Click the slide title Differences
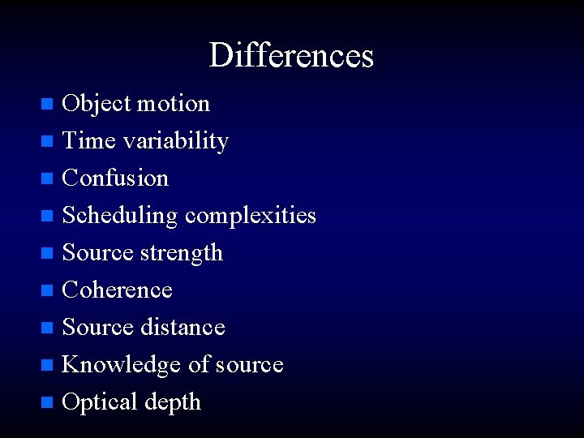point(291,55)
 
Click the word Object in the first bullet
point(97,104)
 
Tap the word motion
point(174,104)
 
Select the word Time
point(89,141)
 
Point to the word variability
point(175,141)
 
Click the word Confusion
point(115,178)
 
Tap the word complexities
point(251,216)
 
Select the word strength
point(182,253)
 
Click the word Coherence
point(118,290)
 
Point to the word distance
point(183,328)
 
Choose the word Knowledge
point(122,365)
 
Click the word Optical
point(100,402)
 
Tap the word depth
point(173,402)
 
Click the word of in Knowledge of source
point(199,365)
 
